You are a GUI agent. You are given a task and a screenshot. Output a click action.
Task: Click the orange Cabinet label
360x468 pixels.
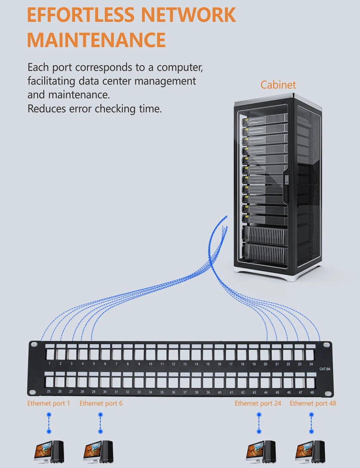tap(278, 85)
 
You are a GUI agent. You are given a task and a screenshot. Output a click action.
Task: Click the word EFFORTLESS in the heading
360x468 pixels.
tap(81, 15)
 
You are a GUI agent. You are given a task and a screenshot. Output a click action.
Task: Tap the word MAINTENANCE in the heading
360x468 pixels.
tap(96, 40)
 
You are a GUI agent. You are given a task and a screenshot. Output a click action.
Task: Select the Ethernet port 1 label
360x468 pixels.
tap(49, 404)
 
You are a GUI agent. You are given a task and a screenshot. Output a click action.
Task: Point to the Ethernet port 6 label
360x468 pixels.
tap(101, 404)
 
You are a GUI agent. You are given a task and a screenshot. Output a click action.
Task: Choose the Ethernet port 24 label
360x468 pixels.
tap(258, 404)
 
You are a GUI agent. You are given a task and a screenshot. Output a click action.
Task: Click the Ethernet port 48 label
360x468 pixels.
tap(313, 404)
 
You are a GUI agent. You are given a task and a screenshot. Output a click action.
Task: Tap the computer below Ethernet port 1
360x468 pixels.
tap(49, 451)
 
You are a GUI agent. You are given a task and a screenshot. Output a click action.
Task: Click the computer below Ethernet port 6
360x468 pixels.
tap(98, 451)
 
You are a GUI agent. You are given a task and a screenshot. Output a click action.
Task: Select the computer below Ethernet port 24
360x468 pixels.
tap(261, 451)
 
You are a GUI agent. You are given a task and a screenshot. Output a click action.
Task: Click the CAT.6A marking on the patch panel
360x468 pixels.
tap(325, 369)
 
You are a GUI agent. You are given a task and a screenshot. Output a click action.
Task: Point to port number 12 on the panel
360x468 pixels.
tap(174, 355)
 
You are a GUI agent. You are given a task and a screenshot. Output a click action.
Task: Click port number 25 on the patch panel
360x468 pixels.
tap(49, 382)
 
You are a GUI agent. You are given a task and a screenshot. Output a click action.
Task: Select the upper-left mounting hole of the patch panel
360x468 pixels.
tap(34, 345)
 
